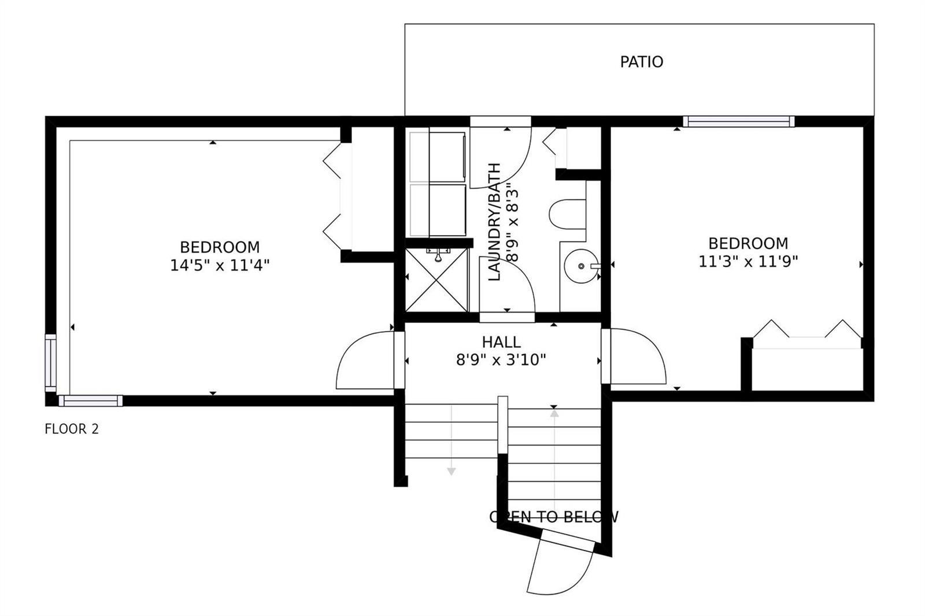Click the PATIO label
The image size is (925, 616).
(x=641, y=62)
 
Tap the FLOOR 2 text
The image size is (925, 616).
(x=72, y=429)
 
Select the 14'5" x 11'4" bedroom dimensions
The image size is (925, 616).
(x=220, y=265)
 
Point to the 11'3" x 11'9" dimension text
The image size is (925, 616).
(x=748, y=261)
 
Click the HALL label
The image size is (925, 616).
(x=501, y=342)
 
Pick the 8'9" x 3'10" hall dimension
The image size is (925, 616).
(x=501, y=360)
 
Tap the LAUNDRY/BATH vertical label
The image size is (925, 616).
(x=494, y=222)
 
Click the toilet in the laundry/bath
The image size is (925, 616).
(x=567, y=214)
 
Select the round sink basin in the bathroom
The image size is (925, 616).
(x=582, y=266)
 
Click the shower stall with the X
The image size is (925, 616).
(x=437, y=280)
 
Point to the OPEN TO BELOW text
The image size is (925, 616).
(x=554, y=517)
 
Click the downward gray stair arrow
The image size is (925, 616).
(x=452, y=440)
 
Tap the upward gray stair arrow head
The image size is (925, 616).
(x=554, y=413)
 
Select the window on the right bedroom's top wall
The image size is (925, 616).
(x=739, y=121)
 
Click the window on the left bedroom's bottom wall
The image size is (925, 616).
(x=91, y=401)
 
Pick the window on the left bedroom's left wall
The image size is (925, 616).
(x=50, y=363)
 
